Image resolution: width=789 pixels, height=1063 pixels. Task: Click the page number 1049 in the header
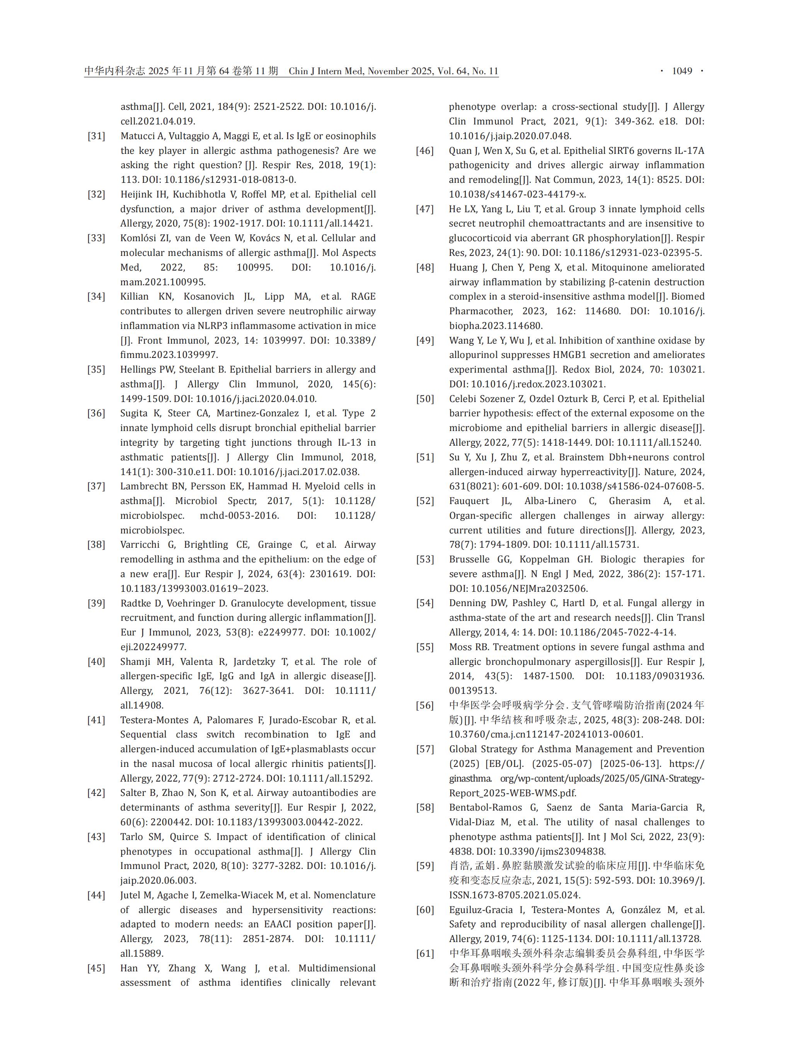pos(682,71)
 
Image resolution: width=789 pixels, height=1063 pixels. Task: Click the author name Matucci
pos(138,136)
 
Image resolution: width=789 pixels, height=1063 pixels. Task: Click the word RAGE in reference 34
pos(363,296)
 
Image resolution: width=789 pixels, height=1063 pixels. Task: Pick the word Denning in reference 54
pos(468,603)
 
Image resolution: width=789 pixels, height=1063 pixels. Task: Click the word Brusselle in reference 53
pos(469,559)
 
